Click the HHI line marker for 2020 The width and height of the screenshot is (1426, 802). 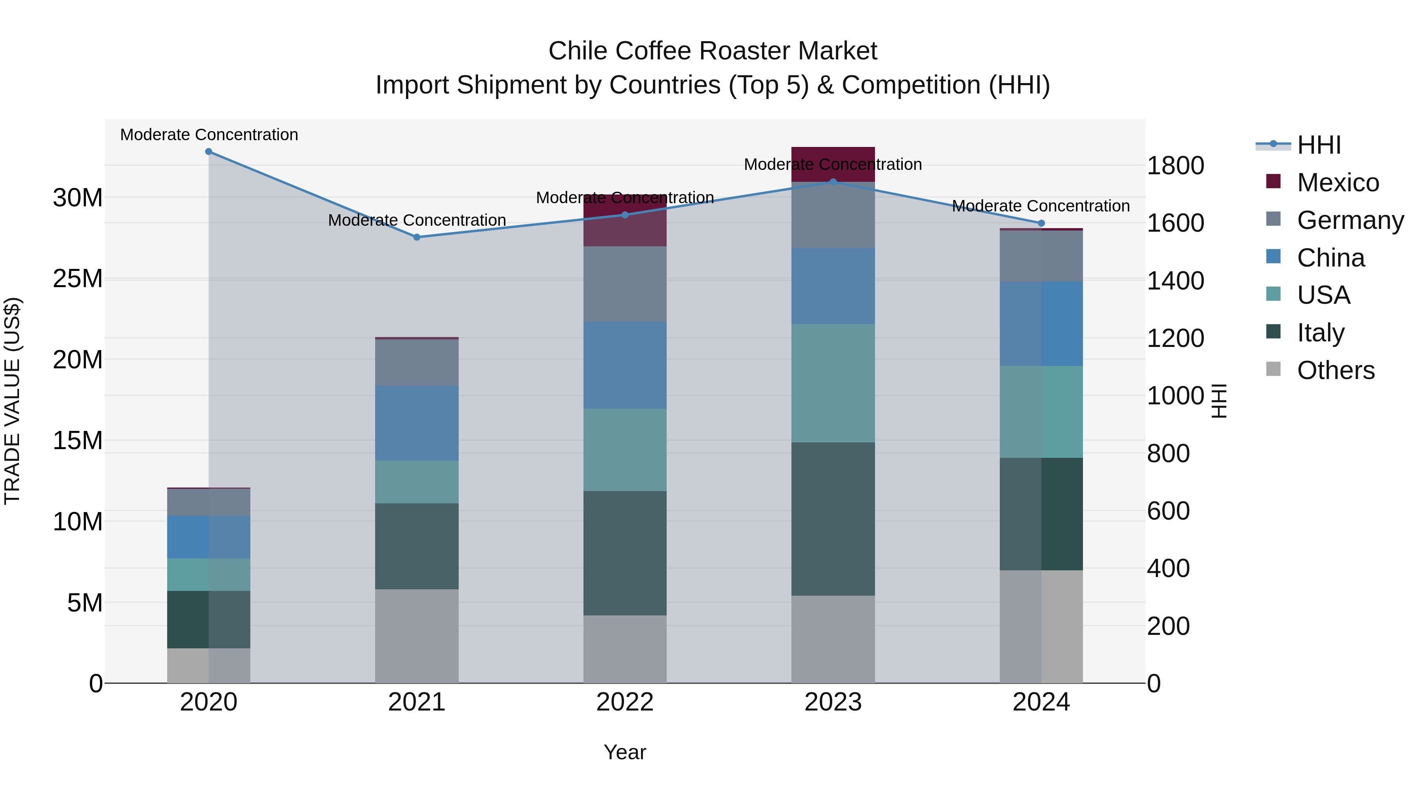click(209, 152)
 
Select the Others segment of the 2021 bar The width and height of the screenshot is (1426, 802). click(417, 636)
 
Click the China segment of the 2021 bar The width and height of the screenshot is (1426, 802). click(417, 423)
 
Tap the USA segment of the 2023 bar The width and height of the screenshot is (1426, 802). click(833, 383)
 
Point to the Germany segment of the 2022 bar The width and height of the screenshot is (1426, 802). click(625, 284)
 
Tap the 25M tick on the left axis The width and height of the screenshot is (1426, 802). click(78, 279)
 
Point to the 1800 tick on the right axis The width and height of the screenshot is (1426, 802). click(1175, 166)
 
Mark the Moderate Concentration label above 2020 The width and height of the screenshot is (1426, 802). click(209, 135)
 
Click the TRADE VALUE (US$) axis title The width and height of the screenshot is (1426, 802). click(12, 401)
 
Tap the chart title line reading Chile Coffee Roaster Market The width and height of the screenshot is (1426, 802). click(713, 51)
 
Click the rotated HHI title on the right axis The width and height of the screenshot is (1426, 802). click(1220, 401)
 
